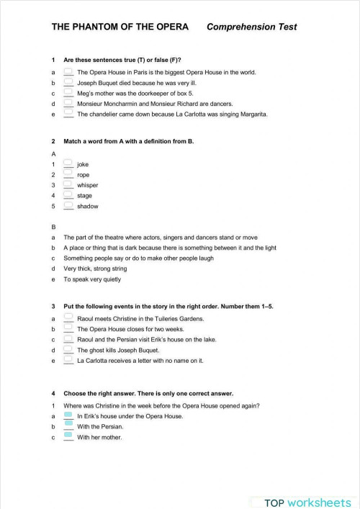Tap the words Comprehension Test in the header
click(251, 27)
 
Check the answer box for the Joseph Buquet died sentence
click(68, 83)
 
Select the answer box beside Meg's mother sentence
click(68, 93)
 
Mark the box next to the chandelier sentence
click(68, 113)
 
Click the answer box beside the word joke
click(68, 164)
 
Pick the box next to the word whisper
click(68, 184)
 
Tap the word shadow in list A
click(87, 206)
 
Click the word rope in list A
click(84, 175)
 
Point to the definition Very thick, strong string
click(98, 269)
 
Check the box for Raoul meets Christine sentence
click(68, 318)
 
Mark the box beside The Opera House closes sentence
click(68, 328)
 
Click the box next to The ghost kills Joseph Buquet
click(68, 349)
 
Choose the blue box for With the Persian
click(68, 426)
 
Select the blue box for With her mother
click(68, 436)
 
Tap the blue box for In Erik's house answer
click(68, 415)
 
